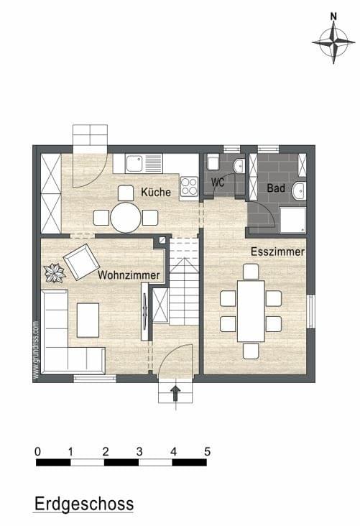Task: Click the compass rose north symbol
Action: coord(333,39)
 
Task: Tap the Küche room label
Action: coord(156,192)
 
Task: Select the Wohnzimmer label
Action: coord(129,275)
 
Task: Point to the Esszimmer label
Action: coord(277,252)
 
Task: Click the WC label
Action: coord(218,183)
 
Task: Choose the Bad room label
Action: coord(276,188)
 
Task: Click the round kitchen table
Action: coord(126,218)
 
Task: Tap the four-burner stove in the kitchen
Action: coord(189,186)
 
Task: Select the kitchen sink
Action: coord(144,163)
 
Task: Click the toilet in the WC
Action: coord(213,162)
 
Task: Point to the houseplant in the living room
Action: coord(55,273)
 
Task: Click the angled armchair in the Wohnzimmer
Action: coord(81,262)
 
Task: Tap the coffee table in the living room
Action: coord(88,320)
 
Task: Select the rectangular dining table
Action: coord(251,311)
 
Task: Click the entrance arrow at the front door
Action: coord(175,393)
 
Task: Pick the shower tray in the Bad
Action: coord(293,220)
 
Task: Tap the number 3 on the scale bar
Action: coord(139,451)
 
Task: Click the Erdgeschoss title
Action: coord(84,504)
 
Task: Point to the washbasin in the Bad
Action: coord(299,190)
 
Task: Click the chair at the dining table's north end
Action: coord(251,272)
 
